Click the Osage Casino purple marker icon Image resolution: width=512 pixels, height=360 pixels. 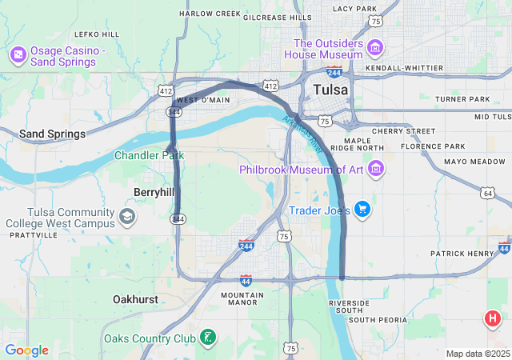[x=18, y=54]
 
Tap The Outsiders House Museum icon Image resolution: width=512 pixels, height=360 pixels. [x=374, y=49]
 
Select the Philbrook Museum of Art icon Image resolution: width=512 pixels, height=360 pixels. [x=377, y=169]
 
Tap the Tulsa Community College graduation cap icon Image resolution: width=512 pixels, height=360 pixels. [x=127, y=217]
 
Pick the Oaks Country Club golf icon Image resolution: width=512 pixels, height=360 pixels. [x=208, y=338]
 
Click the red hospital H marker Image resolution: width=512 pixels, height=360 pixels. [x=493, y=321]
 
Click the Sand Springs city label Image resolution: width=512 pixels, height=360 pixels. [x=52, y=134]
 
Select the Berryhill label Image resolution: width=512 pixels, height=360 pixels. [x=154, y=192]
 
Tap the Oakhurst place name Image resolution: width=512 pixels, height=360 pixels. [x=135, y=299]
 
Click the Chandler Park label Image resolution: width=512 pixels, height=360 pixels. [x=149, y=155]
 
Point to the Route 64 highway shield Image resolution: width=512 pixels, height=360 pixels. [x=488, y=193]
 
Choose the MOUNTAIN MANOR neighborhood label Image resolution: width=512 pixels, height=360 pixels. [x=242, y=299]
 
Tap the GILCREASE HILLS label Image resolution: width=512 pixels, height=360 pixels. [x=278, y=17]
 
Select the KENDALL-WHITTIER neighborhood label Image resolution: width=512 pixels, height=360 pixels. [x=403, y=69]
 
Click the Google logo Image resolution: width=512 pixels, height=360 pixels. [x=26, y=350]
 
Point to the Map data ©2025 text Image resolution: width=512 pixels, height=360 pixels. [x=477, y=354]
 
